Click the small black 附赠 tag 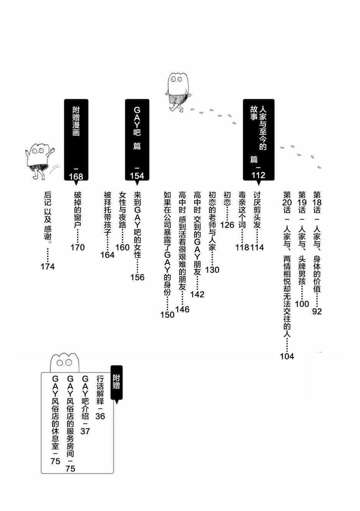coord(116,382)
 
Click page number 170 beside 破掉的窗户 coord(78,247)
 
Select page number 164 coord(107,255)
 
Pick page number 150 coord(167,314)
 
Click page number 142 coord(197,294)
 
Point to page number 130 coord(212,270)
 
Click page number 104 coord(287,356)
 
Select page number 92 coord(317,311)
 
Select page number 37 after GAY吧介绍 coord(85,431)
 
